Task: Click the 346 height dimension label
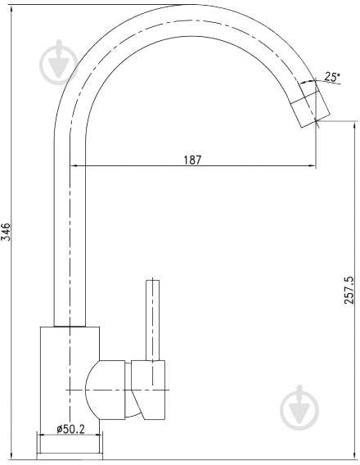[7, 232]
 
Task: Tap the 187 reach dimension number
[192, 160]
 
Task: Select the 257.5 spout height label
[349, 290]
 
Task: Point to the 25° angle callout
[331, 77]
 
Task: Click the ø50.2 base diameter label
[71, 429]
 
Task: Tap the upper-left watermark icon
[59, 62]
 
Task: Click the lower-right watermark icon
[299, 408]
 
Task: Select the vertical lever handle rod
[153, 320]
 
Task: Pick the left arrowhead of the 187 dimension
[73, 165]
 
